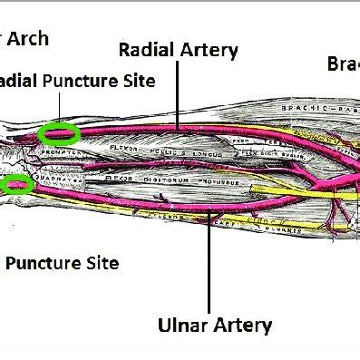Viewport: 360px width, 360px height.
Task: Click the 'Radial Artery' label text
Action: pos(179,50)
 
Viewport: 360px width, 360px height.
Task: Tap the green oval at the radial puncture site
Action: pos(59,134)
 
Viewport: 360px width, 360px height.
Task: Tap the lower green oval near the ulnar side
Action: pos(16,186)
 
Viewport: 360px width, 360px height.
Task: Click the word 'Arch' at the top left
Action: pos(28,39)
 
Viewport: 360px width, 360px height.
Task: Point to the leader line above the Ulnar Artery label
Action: pos(211,263)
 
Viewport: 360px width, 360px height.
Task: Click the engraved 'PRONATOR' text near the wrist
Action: pos(56,153)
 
